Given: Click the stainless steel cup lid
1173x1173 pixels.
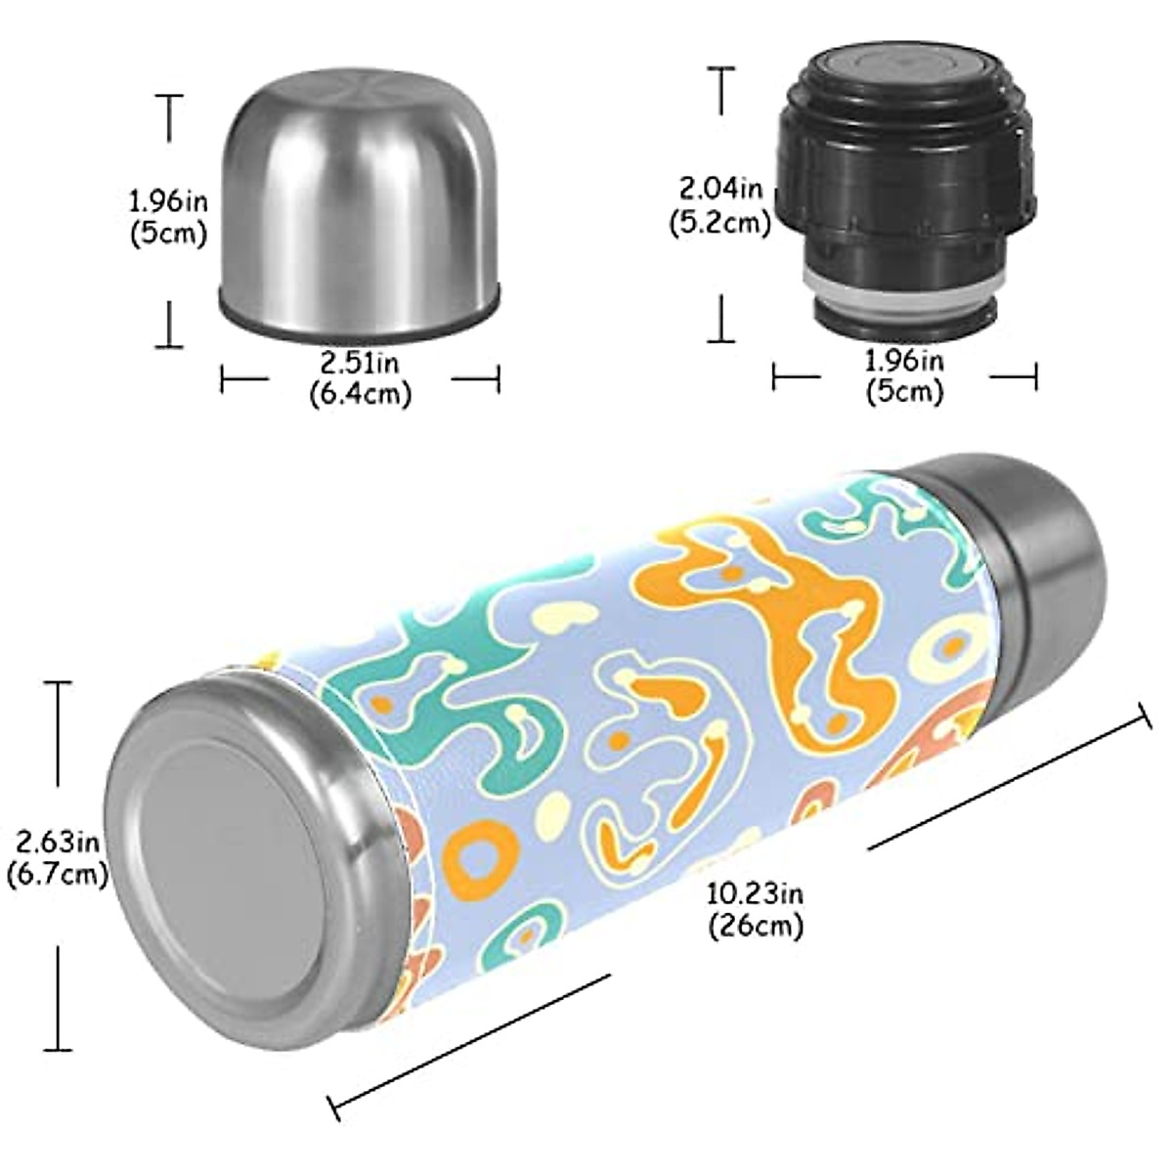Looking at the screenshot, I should [359, 195].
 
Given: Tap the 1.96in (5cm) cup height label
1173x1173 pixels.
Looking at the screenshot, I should [168, 217].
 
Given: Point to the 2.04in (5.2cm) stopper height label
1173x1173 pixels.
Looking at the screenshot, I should [720, 204].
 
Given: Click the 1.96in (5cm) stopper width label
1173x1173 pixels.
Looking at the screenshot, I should [904, 376].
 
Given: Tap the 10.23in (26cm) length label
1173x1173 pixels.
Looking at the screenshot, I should [756, 908].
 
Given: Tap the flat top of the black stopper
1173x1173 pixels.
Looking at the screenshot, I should [899, 68].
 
